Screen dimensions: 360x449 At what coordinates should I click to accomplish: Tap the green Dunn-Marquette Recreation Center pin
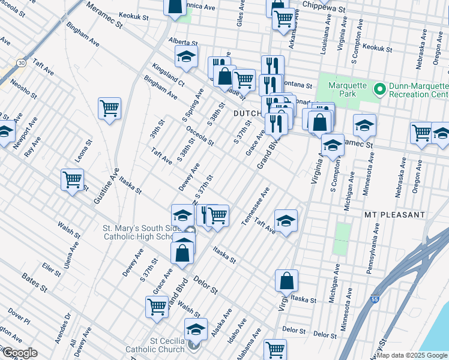(x=379, y=90)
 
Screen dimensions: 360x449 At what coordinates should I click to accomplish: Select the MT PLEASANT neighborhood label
(x=394, y=214)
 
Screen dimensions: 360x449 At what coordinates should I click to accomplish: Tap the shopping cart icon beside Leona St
(x=72, y=179)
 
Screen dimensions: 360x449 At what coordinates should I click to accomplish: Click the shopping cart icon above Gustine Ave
(x=109, y=109)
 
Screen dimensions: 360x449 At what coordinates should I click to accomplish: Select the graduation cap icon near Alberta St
(x=187, y=57)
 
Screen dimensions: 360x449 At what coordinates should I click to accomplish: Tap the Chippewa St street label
(x=325, y=8)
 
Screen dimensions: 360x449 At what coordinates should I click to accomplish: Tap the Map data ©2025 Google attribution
(x=412, y=355)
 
